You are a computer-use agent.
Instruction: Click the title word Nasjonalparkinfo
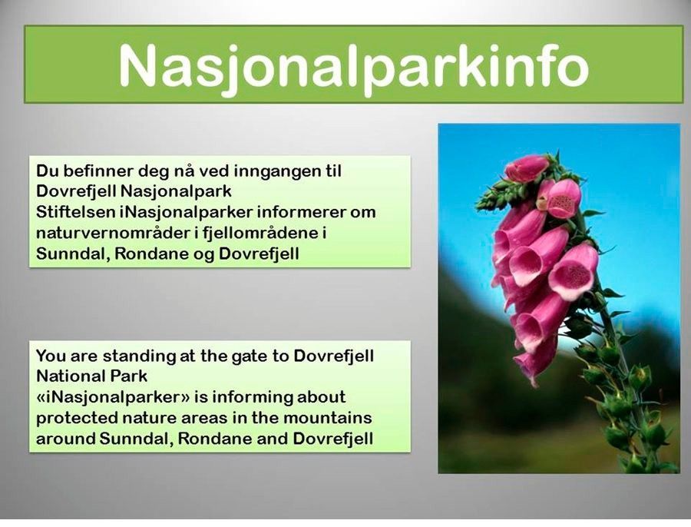(353, 66)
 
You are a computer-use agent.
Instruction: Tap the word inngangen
(276, 172)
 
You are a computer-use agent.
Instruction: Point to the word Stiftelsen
(75, 212)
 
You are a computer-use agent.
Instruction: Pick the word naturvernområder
(113, 233)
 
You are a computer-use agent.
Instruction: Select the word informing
(251, 398)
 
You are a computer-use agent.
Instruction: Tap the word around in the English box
(65, 439)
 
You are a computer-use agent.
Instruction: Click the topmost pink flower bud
(527, 168)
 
